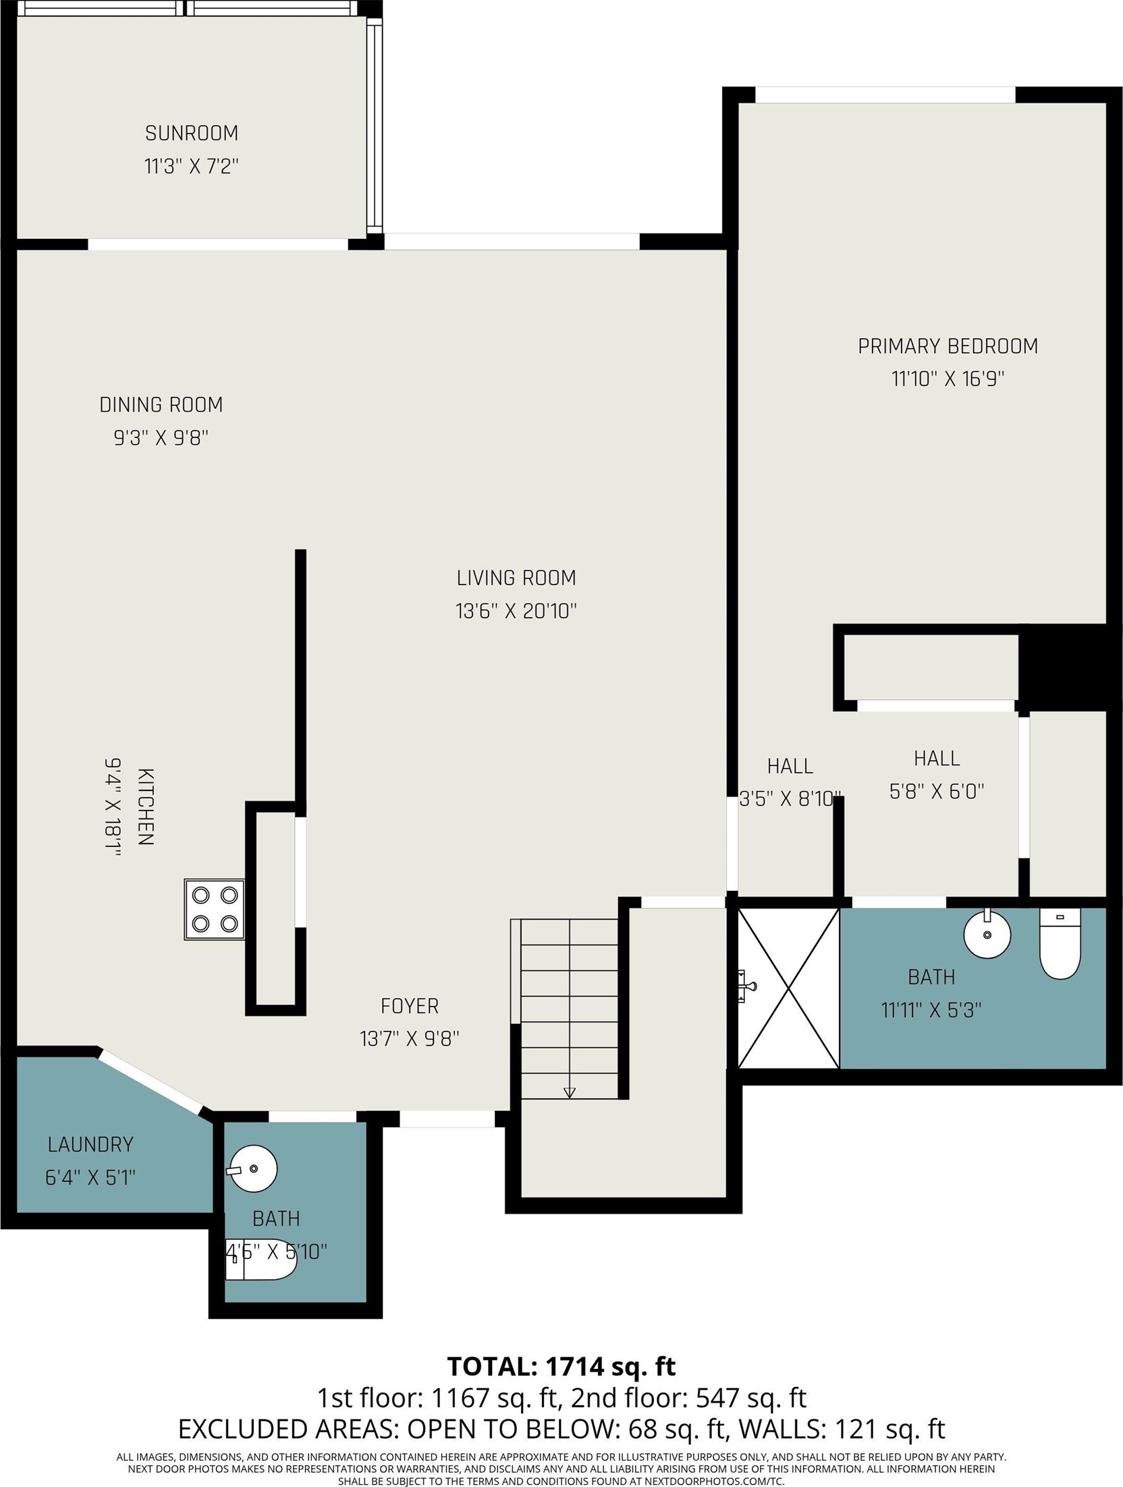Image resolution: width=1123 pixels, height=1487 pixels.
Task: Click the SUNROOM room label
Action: (x=192, y=133)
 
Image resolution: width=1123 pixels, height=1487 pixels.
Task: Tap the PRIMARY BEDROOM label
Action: (x=948, y=346)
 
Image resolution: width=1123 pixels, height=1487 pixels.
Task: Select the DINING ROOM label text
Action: (x=161, y=405)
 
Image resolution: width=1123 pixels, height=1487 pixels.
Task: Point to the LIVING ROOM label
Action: (x=516, y=578)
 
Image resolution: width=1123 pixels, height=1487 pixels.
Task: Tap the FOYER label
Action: (x=410, y=1006)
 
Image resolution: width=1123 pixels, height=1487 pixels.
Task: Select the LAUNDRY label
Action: (x=90, y=1145)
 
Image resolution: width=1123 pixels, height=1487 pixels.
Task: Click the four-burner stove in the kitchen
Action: (x=215, y=909)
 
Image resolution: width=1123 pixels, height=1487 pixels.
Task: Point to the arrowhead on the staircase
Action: (x=569, y=1093)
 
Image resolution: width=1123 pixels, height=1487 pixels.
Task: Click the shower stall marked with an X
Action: (x=788, y=988)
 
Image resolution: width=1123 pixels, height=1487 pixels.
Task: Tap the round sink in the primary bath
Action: (x=987, y=934)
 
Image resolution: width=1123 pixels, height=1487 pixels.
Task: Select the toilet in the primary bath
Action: (x=1060, y=943)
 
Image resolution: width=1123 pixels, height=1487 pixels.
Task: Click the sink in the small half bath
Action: (x=252, y=1169)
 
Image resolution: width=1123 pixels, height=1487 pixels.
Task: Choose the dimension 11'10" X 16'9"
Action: (x=948, y=379)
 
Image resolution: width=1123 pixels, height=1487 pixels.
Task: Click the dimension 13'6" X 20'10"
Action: (x=516, y=611)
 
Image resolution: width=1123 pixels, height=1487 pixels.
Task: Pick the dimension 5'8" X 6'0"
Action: (x=937, y=791)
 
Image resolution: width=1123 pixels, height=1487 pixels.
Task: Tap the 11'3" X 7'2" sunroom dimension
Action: (x=192, y=166)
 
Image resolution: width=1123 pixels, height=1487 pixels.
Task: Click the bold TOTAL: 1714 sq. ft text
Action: (x=561, y=1366)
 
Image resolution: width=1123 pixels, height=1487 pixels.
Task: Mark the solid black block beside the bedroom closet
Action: (x=1062, y=666)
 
